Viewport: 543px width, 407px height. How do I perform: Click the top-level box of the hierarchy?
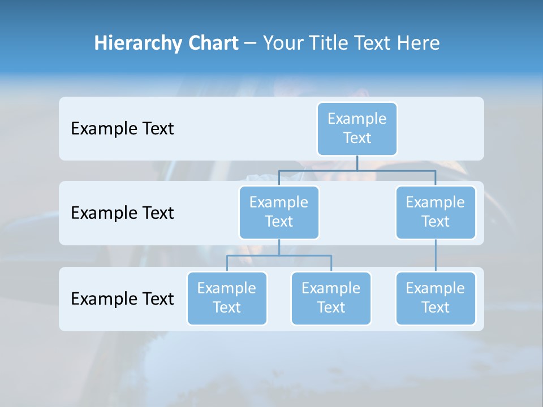pos(357,128)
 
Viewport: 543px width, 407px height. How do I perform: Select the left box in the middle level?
pos(279,212)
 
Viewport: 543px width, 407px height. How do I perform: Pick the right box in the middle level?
pos(436,212)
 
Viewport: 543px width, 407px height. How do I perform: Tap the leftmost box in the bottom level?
pos(227,298)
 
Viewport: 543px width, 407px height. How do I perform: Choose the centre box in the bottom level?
pos(331,298)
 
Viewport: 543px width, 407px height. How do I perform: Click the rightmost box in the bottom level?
pos(436,298)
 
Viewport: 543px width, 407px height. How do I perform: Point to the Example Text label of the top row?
pos(122,129)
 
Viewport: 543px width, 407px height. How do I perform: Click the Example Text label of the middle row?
pos(122,213)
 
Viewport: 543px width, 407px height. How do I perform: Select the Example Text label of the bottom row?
pos(122,298)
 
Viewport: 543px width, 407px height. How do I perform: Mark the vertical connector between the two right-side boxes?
pos(436,255)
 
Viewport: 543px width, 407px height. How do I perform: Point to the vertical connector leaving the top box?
pos(357,162)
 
